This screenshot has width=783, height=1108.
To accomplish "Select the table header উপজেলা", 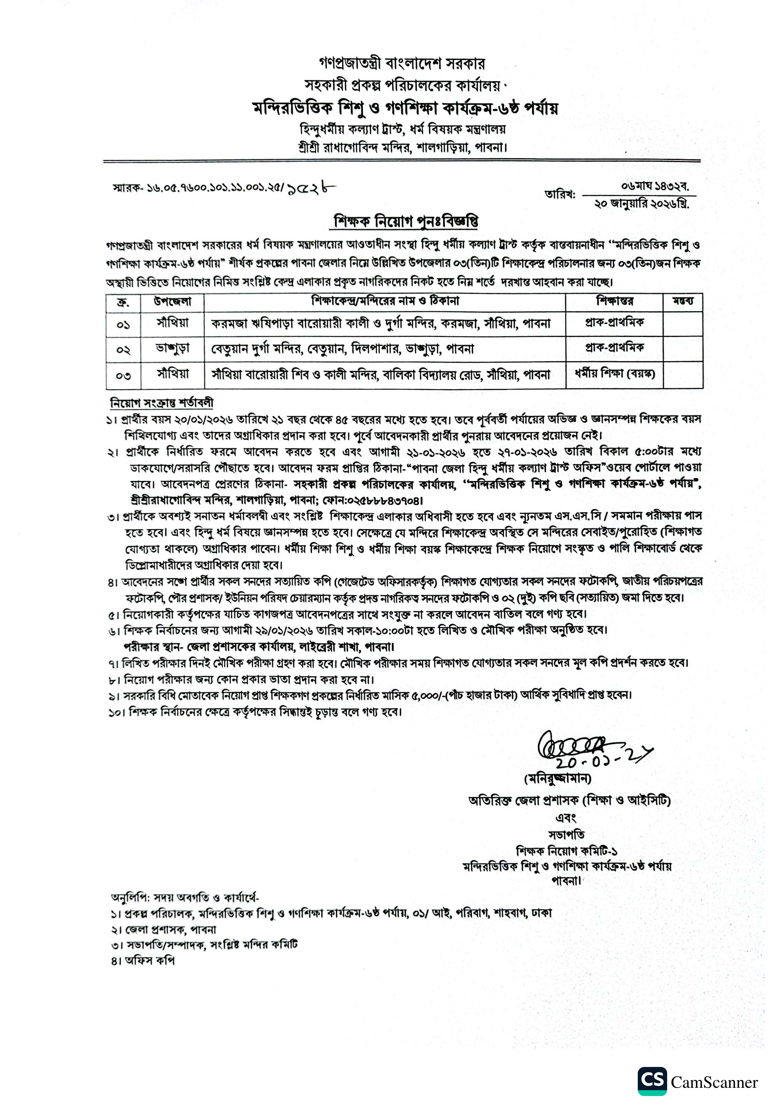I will [172, 302].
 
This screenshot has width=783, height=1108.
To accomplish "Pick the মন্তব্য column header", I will [683, 302].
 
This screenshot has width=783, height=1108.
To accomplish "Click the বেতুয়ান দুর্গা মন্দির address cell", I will [343, 348].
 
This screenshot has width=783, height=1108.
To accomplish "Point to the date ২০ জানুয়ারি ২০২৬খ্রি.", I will [642, 204].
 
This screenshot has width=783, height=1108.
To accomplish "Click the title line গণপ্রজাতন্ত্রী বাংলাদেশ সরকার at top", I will [402, 63].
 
